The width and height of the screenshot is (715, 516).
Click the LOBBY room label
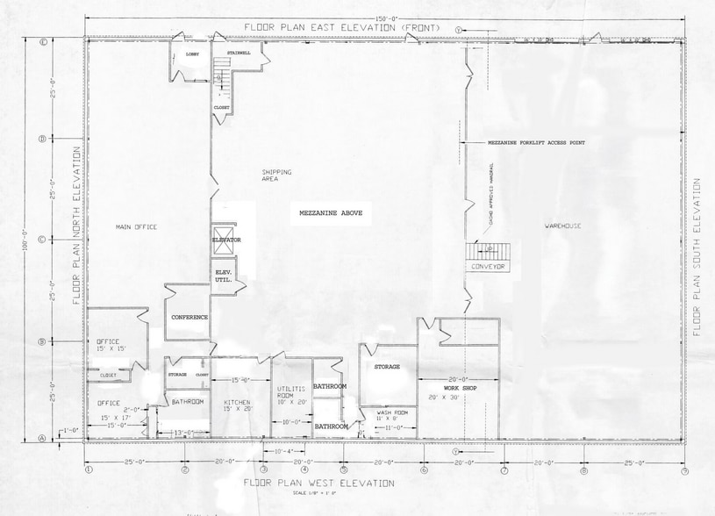point(192,54)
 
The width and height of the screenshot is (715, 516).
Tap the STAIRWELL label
point(239,53)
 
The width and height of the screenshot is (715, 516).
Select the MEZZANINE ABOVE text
point(330,212)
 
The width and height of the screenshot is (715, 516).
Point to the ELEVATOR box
point(225,240)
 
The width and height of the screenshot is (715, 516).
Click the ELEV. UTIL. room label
point(224,276)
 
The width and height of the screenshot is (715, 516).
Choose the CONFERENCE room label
point(189,317)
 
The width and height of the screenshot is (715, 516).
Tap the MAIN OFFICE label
point(136,227)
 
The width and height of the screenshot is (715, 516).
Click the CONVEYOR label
point(489,266)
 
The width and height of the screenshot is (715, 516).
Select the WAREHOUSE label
point(562,226)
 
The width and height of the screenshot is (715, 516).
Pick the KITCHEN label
point(236,402)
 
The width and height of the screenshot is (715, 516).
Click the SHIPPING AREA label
point(276,175)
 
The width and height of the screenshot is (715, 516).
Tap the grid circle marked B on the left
point(41,341)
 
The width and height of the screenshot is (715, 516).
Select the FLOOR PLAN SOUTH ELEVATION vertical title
point(697,257)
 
